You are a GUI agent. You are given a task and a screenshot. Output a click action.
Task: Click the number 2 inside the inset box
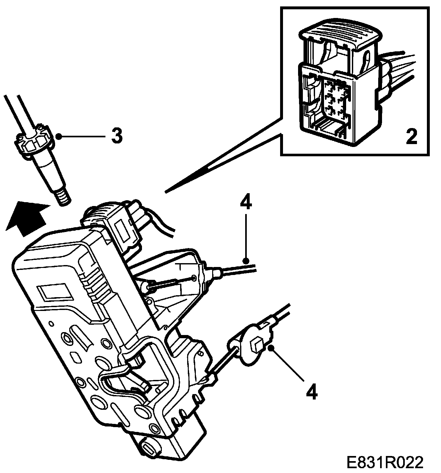coord(411,137)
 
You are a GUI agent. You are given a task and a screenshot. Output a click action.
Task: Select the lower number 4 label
coord(311,391)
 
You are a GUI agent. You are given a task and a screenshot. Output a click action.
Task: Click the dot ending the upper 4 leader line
coord(245,260)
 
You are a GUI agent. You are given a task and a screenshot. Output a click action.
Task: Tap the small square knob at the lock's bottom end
coord(150,447)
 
